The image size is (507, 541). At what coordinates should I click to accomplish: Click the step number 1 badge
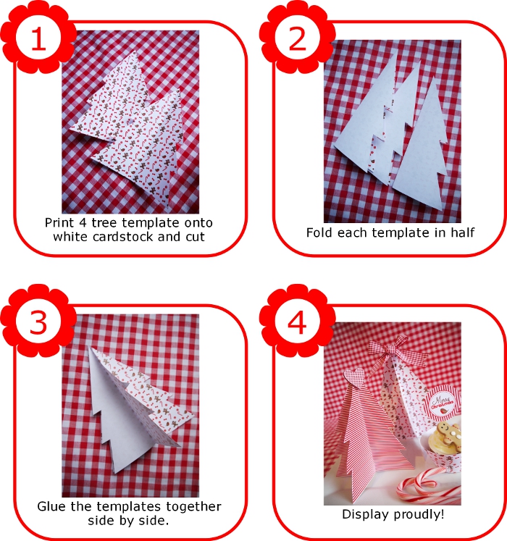(x=38, y=37)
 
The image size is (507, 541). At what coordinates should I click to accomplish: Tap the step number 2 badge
(x=297, y=37)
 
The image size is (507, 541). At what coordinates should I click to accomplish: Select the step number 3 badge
(x=38, y=321)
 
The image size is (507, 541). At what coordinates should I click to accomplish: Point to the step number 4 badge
(x=297, y=321)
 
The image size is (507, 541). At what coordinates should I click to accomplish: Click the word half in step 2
(x=463, y=232)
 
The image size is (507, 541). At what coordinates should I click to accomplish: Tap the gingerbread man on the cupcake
(x=448, y=434)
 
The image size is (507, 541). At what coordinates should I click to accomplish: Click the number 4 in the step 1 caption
(x=83, y=222)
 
